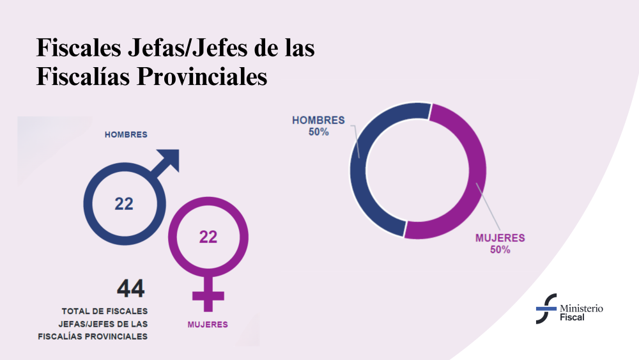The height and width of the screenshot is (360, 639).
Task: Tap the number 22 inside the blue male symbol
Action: click(124, 204)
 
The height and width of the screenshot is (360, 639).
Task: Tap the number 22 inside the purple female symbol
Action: click(208, 237)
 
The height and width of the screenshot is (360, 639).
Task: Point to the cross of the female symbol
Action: click(208, 296)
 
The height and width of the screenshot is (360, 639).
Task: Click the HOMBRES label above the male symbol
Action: click(126, 135)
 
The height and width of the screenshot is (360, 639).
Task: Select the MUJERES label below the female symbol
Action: click(208, 324)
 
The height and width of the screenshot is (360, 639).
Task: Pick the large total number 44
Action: click(130, 288)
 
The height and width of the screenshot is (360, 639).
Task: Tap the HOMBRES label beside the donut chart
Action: click(318, 120)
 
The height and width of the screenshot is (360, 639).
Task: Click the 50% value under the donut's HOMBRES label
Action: click(318, 132)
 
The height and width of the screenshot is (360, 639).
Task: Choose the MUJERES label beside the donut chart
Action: click(500, 238)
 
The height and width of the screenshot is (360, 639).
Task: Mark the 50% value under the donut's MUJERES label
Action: click(500, 249)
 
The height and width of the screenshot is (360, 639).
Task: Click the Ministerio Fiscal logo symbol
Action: click(546, 309)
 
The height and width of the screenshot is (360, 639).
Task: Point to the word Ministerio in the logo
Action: click(581, 308)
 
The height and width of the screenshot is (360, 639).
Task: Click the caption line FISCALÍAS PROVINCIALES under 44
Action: click(93, 336)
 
